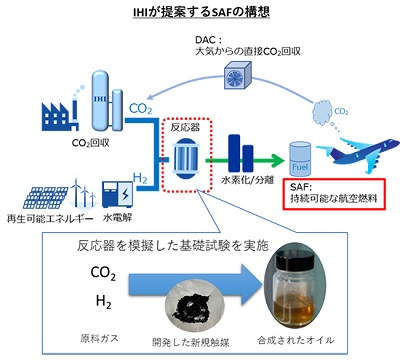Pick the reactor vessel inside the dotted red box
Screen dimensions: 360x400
coord(185,157)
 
